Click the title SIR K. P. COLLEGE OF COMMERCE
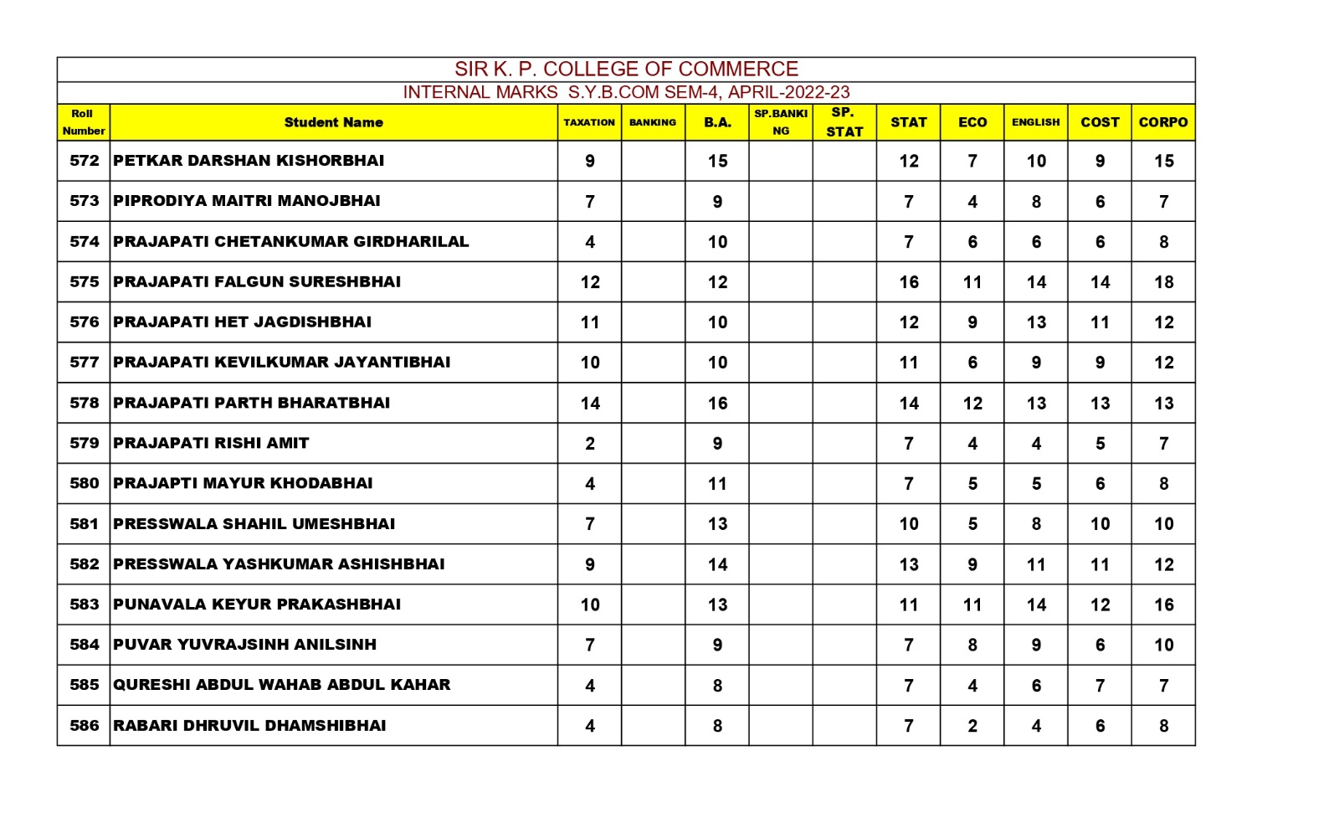(x=626, y=69)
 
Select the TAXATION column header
(x=589, y=122)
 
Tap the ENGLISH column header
(x=1035, y=122)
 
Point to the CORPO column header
(x=1162, y=122)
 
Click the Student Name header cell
(x=333, y=122)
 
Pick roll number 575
(x=84, y=282)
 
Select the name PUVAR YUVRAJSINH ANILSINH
(x=244, y=645)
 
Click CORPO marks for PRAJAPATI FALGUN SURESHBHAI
(x=1163, y=282)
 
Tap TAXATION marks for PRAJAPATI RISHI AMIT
(x=590, y=444)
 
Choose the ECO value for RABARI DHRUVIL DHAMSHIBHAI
(x=972, y=726)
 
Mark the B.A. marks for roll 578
(x=717, y=404)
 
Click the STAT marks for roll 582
(x=909, y=564)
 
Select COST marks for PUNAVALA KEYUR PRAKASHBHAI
(x=1100, y=605)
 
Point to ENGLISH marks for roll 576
(x=1036, y=322)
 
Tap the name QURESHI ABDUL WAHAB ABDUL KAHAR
(x=281, y=685)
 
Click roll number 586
(x=84, y=726)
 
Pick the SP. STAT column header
(x=844, y=122)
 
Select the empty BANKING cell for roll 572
(x=653, y=161)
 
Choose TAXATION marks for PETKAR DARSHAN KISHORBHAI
(x=590, y=161)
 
